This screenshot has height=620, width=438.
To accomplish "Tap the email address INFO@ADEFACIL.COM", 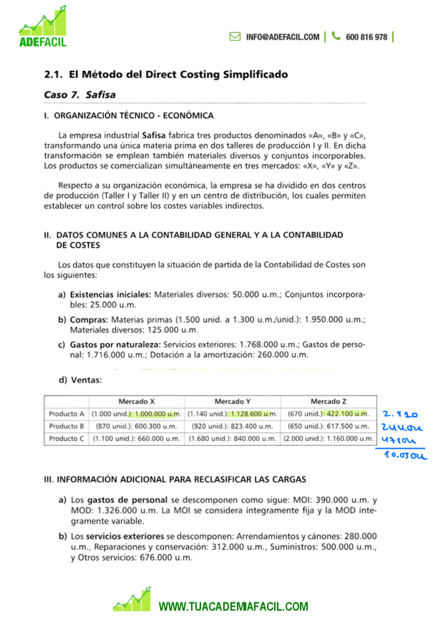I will click(282, 37).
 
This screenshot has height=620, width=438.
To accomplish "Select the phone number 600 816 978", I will click(366, 37).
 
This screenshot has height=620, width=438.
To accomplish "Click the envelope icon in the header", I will click(235, 37).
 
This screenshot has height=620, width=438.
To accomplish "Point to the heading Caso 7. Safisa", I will click(80, 95).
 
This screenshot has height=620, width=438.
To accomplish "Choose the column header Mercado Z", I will click(328, 401).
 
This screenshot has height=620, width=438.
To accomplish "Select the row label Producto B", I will click(67, 426).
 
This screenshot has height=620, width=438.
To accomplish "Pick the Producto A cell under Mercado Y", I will click(233, 413).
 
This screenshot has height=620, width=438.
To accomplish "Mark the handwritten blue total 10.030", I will click(403, 455).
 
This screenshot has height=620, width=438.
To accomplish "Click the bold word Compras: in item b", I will click(90, 320).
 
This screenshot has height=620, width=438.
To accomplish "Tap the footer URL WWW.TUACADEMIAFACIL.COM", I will click(234, 607).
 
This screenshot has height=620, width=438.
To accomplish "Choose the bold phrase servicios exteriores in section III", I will click(123, 536).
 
